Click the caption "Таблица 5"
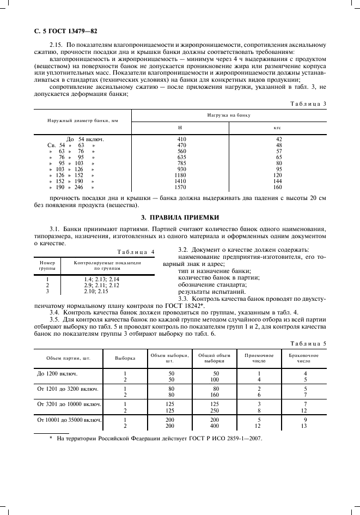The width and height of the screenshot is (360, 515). [308, 344]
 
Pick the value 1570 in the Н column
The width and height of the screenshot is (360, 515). [182, 187]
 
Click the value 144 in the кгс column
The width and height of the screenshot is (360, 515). [278, 181]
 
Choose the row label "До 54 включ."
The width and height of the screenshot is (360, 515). [84, 139]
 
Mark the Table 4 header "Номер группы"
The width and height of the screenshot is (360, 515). [47, 265]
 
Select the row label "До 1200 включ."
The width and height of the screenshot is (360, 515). [57, 374]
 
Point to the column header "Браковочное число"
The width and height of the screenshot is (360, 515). [303, 358]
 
